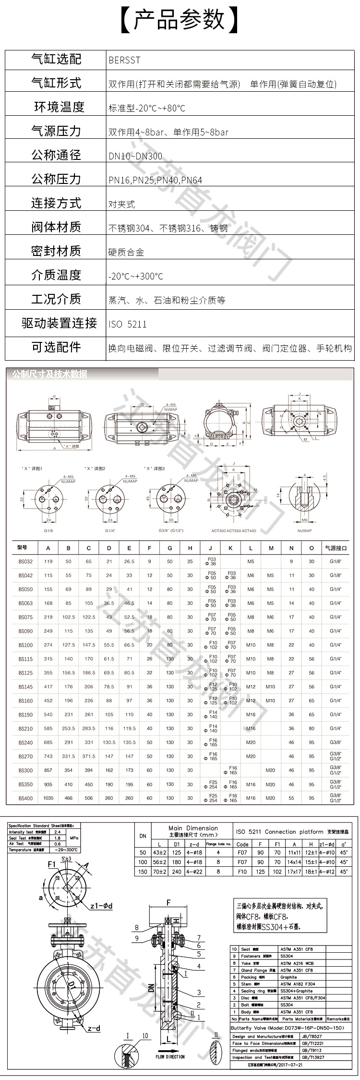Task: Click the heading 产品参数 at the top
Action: tap(180, 19)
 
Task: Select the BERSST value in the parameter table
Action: tap(125, 60)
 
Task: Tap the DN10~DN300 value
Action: tap(135, 156)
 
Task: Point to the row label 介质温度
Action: tap(56, 275)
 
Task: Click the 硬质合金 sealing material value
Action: tap(126, 252)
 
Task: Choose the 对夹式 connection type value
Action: tap(122, 204)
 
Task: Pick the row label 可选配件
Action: tap(56, 347)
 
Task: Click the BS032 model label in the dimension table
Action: tap(26, 561)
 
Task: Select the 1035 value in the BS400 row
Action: tap(48, 798)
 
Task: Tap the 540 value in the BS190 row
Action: tap(48, 715)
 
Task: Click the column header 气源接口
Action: tap(336, 547)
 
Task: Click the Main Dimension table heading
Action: tap(193, 827)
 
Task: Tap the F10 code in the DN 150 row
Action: tap(242, 871)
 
